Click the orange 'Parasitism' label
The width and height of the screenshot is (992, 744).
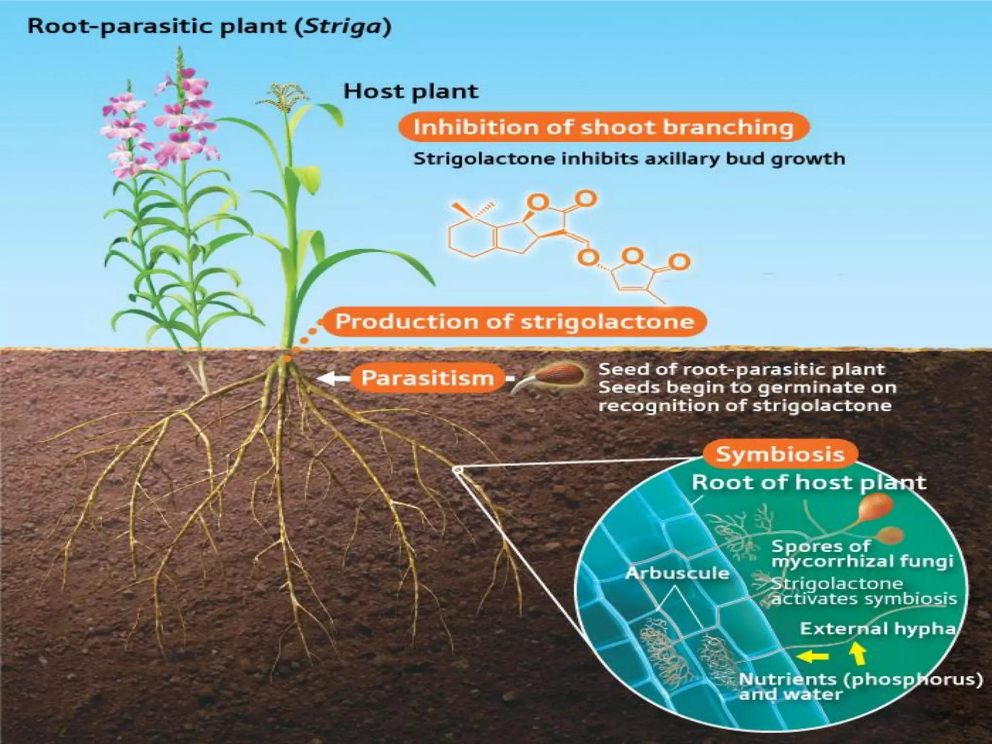pyautogui.click(x=427, y=378)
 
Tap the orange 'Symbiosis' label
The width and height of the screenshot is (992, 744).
pyautogui.click(x=780, y=454)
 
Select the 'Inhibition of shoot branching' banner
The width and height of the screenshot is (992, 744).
pyautogui.click(x=603, y=127)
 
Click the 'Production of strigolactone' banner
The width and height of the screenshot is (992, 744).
pyautogui.click(x=514, y=322)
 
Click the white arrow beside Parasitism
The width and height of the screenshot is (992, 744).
pyautogui.click(x=333, y=378)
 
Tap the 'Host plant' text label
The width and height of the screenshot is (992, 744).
pyautogui.click(x=411, y=92)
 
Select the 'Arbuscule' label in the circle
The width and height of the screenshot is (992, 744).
pyautogui.click(x=677, y=573)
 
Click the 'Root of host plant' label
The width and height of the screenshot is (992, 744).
pyautogui.click(x=808, y=482)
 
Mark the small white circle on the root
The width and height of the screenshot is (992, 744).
pyautogui.click(x=457, y=469)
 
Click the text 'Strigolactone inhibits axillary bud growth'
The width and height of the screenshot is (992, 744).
pyautogui.click(x=629, y=159)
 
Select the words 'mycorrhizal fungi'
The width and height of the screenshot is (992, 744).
pyautogui.click(x=862, y=561)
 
